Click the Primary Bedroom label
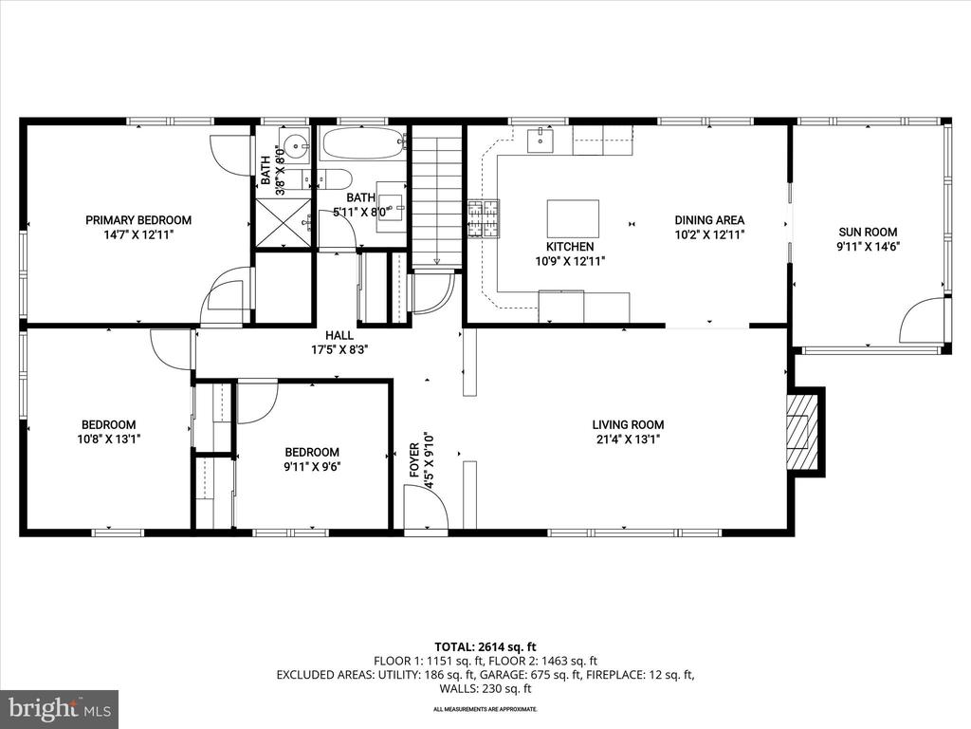click(138, 220)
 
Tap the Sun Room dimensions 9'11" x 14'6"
click(868, 246)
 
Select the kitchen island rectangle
click(573, 218)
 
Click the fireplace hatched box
click(797, 432)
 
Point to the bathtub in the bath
click(363, 144)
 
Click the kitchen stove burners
click(483, 218)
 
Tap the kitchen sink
click(541, 140)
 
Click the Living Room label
click(628, 424)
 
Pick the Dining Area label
click(709, 220)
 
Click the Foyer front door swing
click(426, 508)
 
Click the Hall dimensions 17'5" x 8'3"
click(340, 349)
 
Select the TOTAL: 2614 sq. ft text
click(485, 647)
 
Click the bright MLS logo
click(60, 708)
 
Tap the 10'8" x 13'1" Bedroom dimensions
click(108, 439)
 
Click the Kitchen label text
click(570, 247)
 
